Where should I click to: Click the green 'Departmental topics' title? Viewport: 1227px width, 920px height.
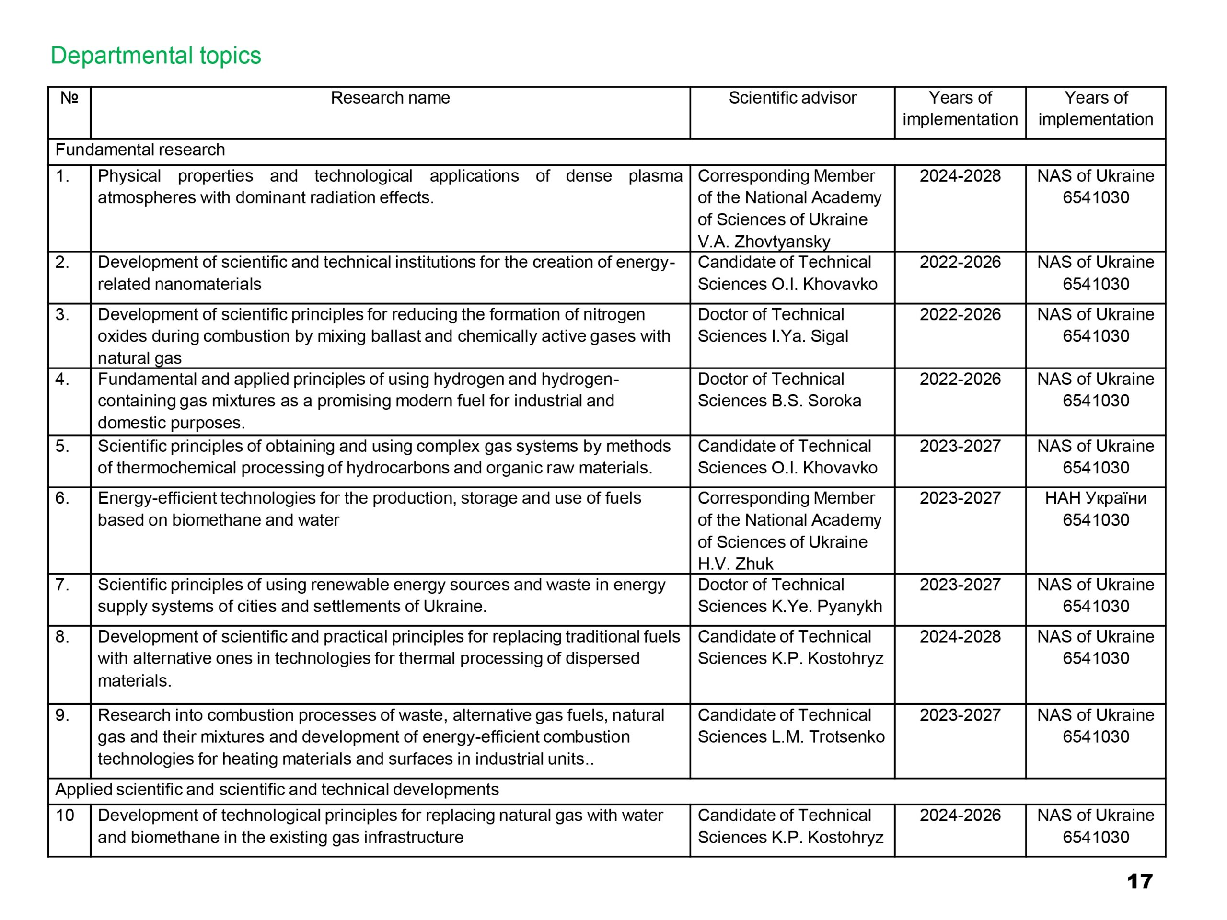pyautogui.click(x=155, y=56)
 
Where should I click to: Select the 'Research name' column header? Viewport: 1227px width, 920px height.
pyautogui.click(x=390, y=98)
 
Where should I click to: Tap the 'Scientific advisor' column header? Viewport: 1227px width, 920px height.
pyautogui.click(x=792, y=98)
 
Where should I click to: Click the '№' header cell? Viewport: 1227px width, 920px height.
pyautogui.click(x=69, y=98)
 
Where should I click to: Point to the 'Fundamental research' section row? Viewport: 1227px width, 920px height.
pyautogui.click(x=140, y=149)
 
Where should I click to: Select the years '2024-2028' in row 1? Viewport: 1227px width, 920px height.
pyautogui.click(x=960, y=176)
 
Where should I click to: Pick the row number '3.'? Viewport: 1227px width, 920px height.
pyautogui.click(x=63, y=315)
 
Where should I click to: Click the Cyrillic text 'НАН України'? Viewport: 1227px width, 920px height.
pyautogui.click(x=1096, y=498)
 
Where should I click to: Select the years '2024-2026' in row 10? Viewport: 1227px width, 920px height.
pyautogui.click(x=960, y=816)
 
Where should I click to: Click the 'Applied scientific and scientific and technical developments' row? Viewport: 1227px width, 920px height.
pyautogui.click(x=277, y=790)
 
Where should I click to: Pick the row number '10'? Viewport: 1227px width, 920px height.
pyautogui.click(x=65, y=816)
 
